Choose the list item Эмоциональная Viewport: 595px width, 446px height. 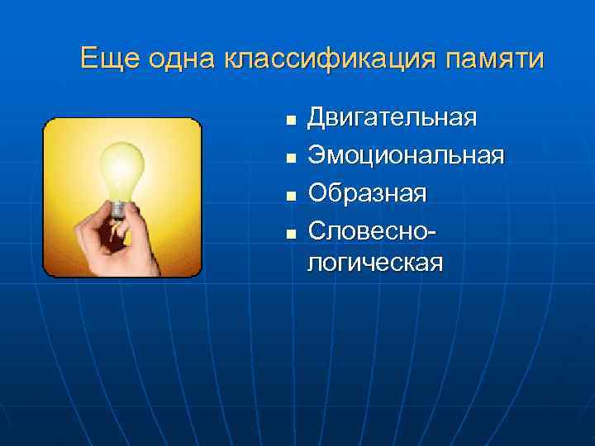(x=405, y=154)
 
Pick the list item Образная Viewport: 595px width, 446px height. (x=367, y=192)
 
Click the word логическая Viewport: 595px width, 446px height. (x=375, y=263)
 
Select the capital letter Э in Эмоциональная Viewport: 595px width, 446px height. (x=317, y=154)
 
